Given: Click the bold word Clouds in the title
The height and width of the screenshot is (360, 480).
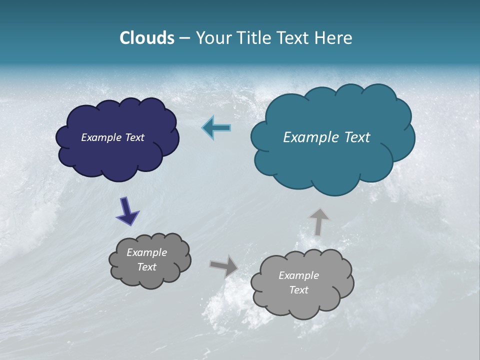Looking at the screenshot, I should tap(147, 38).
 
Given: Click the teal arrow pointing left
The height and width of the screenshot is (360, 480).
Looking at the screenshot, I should tap(216, 128).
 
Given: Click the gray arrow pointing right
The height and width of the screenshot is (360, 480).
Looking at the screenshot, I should tap(223, 265).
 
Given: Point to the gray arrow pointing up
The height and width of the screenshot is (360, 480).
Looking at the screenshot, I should tap(318, 221).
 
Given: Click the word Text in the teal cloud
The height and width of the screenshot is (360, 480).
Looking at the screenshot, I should tap(357, 137).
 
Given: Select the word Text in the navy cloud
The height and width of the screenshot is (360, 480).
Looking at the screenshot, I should tap(135, 137).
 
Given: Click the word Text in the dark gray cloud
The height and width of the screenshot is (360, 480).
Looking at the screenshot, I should tap(147, 267).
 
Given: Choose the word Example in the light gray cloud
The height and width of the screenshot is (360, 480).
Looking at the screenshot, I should tap(298, 275).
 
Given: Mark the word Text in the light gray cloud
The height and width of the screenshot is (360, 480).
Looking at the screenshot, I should tap(298, 290).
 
